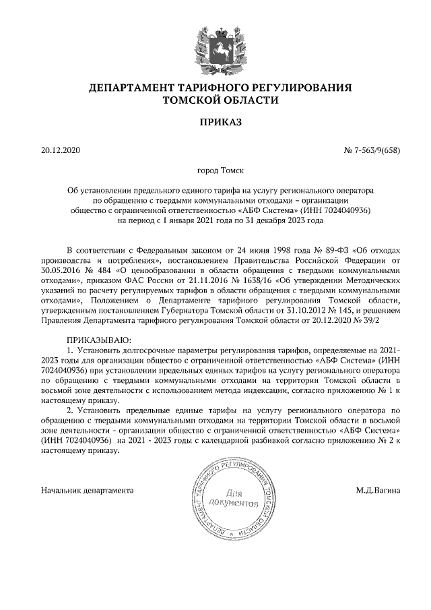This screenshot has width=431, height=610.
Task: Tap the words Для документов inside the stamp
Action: pyautogui.click(x=234, y=498)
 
